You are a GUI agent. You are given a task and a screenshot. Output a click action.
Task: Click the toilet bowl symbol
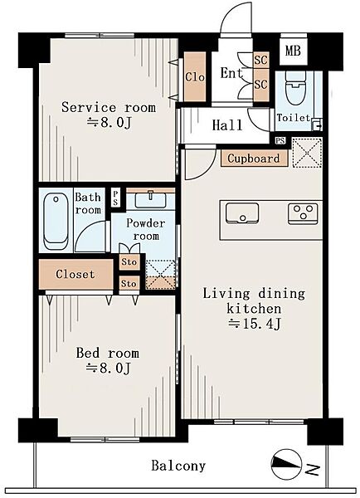tap(294, 85)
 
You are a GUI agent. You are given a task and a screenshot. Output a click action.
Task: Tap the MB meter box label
tap(293, 51)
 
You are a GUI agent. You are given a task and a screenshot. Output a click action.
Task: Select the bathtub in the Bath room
tap(56, 221)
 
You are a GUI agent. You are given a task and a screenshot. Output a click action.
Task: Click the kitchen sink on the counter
tap(242, 213)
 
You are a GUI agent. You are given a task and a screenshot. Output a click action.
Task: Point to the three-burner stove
tap(303, 213)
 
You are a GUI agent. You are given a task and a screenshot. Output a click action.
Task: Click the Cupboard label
tap(254, 159)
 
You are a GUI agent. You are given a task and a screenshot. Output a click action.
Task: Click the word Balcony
tap(178, 466)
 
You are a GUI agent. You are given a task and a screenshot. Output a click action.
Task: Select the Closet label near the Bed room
tap(75, 274)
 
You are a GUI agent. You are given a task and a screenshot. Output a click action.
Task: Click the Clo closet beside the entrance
tap(195, 76)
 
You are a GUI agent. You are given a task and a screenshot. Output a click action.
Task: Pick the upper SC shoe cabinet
tap(261, 60)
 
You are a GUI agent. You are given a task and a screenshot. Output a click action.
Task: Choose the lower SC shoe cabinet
tap(261, 85)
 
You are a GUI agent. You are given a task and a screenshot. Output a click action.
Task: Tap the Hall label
tap(227, 125)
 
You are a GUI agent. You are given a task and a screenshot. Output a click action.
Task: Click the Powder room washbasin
tap(150, 200)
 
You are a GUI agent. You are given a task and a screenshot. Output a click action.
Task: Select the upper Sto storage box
tap(129, 262)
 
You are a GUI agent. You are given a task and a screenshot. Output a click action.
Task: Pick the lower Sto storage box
tap(129, 284)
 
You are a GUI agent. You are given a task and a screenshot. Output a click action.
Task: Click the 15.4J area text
tap(255, 324)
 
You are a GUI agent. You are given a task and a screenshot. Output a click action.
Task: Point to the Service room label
tap(109, 108)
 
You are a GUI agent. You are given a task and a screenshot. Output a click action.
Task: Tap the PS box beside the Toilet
tap(280, 141)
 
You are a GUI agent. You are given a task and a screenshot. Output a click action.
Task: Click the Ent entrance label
tap(231, 73)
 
